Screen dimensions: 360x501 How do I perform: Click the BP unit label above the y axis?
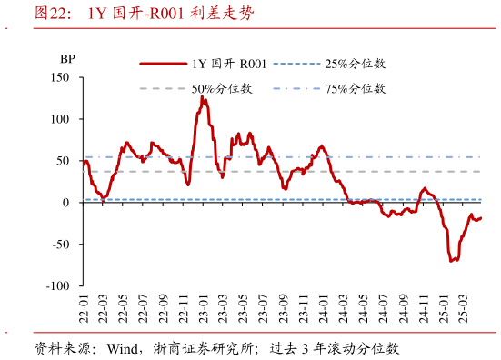[x=67, y=59]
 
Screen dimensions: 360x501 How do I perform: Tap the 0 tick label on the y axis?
[x=68, y=203]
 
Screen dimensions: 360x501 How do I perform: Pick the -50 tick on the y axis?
[x=63, y=245]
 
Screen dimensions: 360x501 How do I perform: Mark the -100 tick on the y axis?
[x=60, y=285]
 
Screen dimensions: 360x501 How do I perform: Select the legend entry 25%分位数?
[x=355, y=65]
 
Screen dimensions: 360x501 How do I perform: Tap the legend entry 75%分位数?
[x=355, y=89]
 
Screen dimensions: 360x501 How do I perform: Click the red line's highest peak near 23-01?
[x=203, y=96]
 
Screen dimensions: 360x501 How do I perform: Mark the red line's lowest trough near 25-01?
[x=451, y=261]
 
